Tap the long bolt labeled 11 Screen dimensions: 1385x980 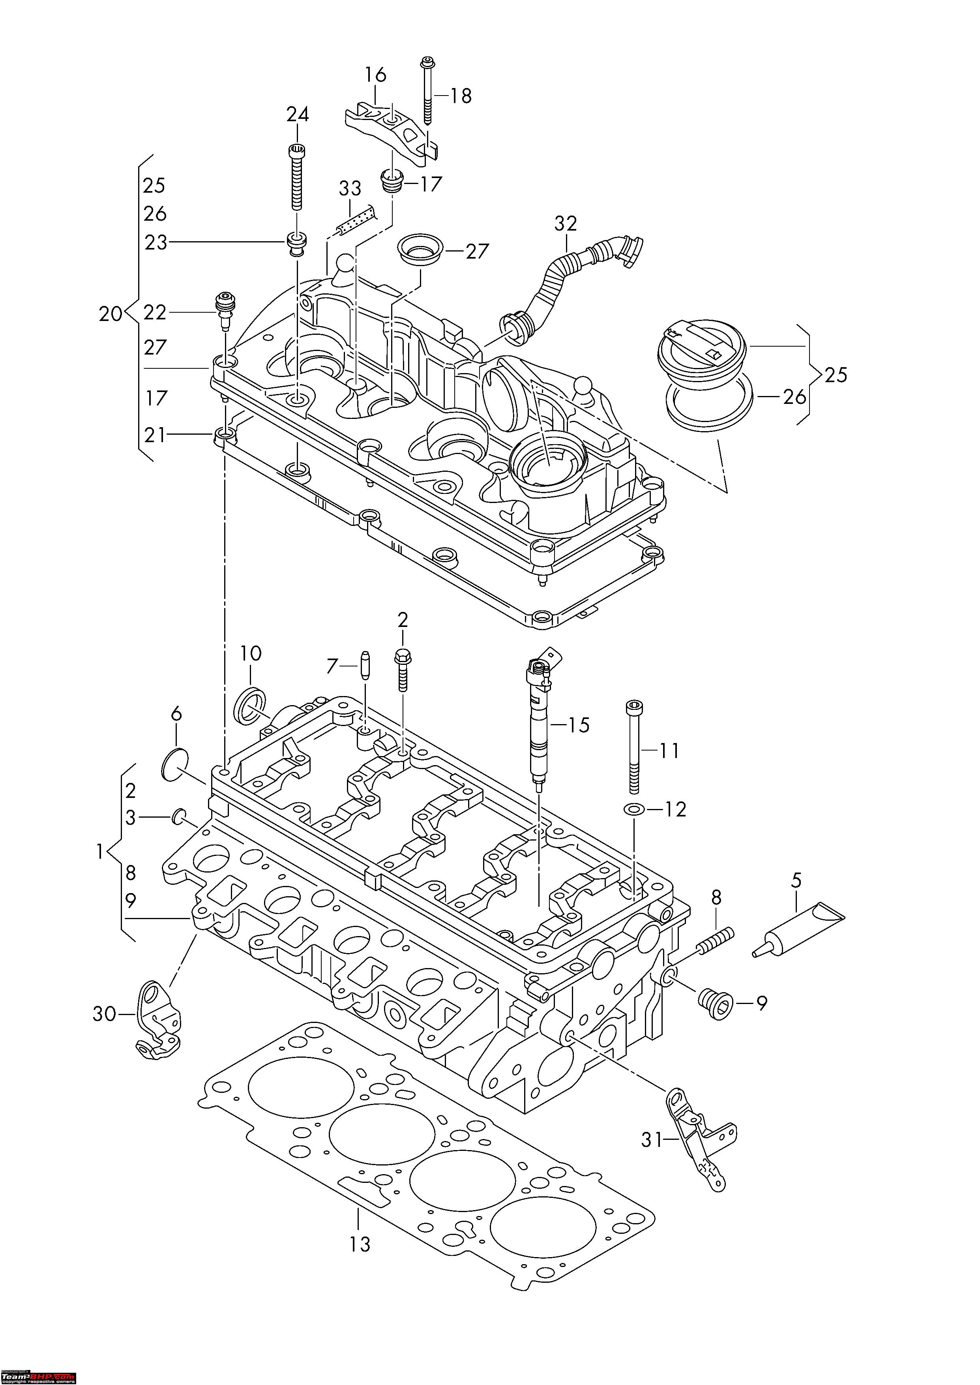click(633, 748)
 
